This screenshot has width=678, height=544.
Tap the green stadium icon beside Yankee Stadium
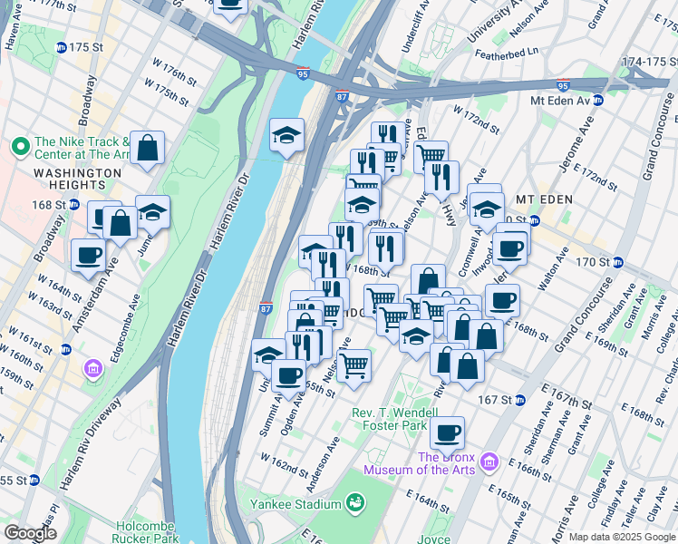pos(354,502)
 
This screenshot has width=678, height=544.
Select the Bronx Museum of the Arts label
pos(421,463)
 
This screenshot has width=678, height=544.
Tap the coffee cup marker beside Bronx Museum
pos(447,432)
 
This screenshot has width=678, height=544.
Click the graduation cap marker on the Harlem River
pos(287,136)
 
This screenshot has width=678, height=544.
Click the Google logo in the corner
pos(30,533)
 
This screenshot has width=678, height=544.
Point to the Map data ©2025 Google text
pos(622,537)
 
